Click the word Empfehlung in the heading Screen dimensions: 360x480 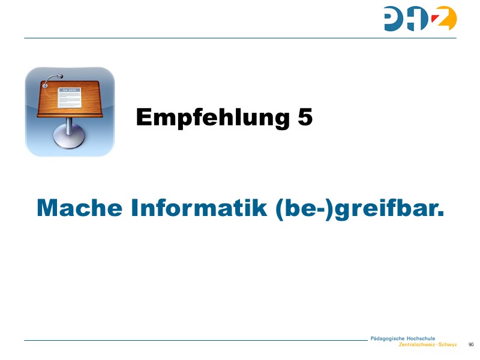tap(212, 118)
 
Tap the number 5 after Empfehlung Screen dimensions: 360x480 tap(305, 117)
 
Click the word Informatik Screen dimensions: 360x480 tap(196, 208)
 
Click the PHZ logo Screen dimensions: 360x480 tap(420, 19)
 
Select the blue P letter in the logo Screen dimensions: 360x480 tap(395, 19)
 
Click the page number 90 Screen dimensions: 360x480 tap(471, 344)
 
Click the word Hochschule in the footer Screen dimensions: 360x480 tap(421, 338)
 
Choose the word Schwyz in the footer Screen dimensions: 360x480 tap(448, 345)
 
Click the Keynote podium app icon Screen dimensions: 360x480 tap(70, 112)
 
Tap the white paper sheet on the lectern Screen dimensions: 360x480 tap(70, 98)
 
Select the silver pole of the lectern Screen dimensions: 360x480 tap(70, 125)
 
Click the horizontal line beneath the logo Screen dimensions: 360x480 tap(240, 38)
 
